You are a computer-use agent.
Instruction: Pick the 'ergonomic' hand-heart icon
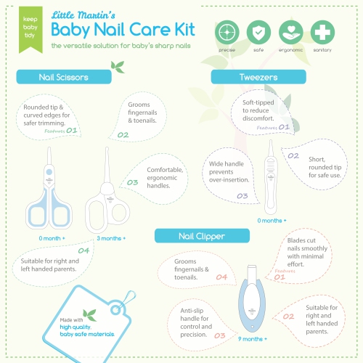coord(290,33)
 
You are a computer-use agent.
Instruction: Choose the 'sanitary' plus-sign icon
coord(322,33)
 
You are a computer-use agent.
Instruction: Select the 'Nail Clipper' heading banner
coord(191,236)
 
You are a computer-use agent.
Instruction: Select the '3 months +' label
coord(111,238)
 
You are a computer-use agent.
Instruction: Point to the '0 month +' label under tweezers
coord(272,219)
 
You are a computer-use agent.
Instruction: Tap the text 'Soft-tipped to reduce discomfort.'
coord(258,107)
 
